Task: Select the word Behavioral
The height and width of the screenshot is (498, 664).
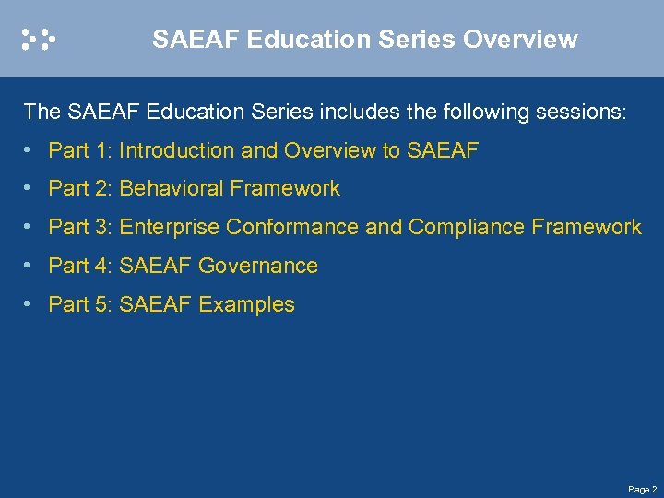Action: tap(172, 189)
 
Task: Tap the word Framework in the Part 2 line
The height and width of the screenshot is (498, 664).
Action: tap(285, 189)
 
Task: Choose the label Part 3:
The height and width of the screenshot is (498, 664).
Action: tap(81, 228)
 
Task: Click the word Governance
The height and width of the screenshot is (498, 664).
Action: tap(258, 267)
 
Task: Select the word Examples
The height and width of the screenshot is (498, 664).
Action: tap(246, 305)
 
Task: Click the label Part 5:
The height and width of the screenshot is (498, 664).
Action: tap(81, 305)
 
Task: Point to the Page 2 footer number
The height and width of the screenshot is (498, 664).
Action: tap(642, 489)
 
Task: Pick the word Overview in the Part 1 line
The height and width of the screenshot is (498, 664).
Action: tap(330, 150)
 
